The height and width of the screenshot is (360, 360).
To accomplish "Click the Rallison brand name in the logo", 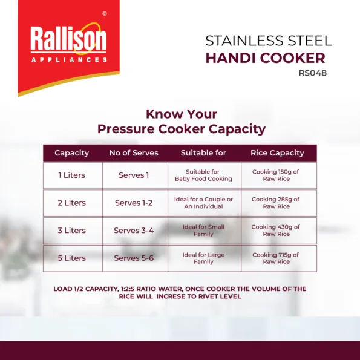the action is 68,38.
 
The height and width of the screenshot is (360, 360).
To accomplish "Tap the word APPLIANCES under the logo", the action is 69,60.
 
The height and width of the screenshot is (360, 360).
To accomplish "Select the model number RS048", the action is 312,73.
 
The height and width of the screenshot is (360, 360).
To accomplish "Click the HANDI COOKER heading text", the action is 266,58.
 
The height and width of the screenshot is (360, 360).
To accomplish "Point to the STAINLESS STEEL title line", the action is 269,41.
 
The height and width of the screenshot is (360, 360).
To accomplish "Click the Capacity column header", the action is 71,153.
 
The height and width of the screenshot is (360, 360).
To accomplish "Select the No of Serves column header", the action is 134,153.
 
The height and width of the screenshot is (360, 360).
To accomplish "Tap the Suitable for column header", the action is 203,153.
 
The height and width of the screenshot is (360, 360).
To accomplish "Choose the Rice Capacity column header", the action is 277,153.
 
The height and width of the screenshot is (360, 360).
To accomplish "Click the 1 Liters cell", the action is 71,175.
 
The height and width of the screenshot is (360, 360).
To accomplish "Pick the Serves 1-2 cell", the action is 134,203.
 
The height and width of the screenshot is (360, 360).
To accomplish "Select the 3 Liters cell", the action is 71,231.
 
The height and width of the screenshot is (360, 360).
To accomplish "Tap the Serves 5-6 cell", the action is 134,258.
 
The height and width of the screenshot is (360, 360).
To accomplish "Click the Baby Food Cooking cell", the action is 203,175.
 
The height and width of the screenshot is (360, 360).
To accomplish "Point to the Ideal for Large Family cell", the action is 203,258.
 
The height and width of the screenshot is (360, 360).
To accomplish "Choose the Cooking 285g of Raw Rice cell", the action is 276,203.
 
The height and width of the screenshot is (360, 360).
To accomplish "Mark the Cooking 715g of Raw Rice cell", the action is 276,258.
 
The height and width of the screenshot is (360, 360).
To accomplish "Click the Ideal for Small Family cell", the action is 203,231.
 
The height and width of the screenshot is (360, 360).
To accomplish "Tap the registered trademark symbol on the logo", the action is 105,14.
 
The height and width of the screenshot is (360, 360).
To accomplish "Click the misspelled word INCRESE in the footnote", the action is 171,296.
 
